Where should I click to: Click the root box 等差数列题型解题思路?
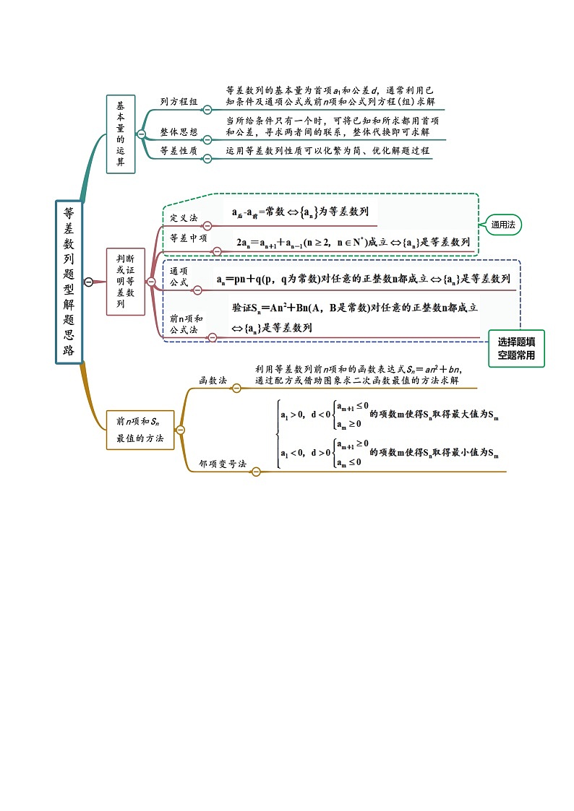click(69, 281)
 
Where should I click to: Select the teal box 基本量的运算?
click(121, 134)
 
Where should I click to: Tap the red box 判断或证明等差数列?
click(126, 282)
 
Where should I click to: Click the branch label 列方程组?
click(179, 103)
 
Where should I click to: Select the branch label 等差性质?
click(179, 151)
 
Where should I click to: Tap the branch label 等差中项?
click(189, 238)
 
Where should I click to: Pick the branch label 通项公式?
click(179, 277)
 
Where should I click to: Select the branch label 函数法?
click(213, 380)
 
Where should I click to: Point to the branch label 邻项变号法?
click(223, 463)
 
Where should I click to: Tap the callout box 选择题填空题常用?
click(516, 350)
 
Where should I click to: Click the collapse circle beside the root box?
click(89, 282)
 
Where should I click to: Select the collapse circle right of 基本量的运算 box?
click(142, 134)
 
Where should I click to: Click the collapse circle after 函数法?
click(236, 388)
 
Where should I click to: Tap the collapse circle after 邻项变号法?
click(255, 472)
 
